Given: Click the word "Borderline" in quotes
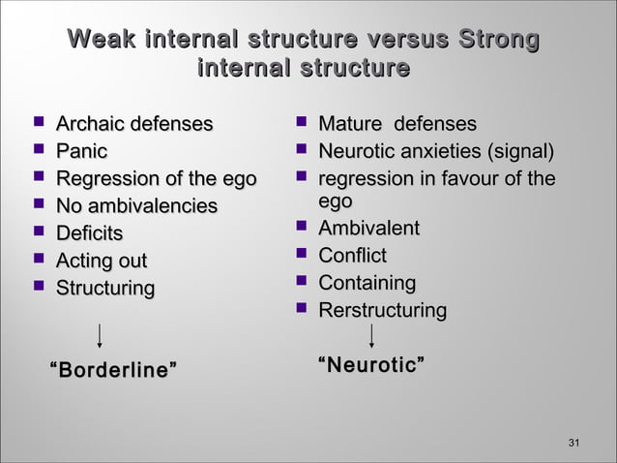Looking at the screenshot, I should (113, 370).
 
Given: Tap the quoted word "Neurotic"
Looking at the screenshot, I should (372, 365).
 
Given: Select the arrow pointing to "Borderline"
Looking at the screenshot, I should (100, 336).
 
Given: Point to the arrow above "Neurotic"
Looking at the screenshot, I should (372, 335).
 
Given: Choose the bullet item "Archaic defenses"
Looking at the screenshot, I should (134, 124).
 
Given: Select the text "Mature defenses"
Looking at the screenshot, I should (397, 124).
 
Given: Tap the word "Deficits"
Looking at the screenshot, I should (90, 233).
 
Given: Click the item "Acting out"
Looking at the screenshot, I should (102, 261).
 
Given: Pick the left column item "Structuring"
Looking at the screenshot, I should (104, 289).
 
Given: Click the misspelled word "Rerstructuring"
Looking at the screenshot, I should (383, 311).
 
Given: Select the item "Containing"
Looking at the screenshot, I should (367, 283).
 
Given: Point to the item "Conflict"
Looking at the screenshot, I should (353, 256).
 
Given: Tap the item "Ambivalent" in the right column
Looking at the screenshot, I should (369, 229).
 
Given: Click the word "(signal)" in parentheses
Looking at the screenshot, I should (521, 152).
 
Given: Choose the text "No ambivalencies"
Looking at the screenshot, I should (136, 206).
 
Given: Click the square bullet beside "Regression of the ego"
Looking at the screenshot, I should (39, 178).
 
